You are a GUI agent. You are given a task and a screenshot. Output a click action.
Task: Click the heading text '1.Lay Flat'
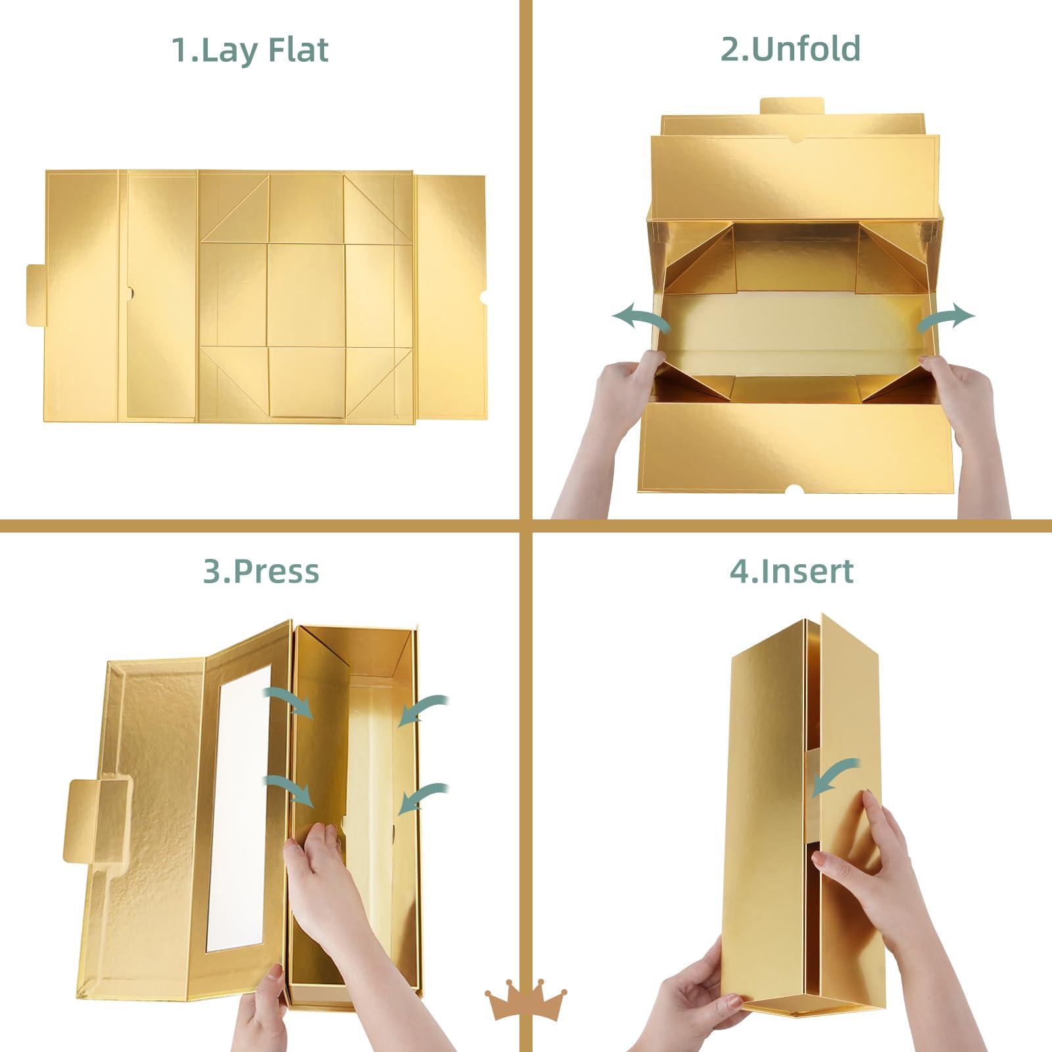point(250,51)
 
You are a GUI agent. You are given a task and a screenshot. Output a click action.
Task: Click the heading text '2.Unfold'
point(790,49)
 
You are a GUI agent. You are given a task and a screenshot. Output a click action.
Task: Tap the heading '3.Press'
point(261,571)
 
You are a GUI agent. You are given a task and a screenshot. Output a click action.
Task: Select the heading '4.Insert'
point(792,571)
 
